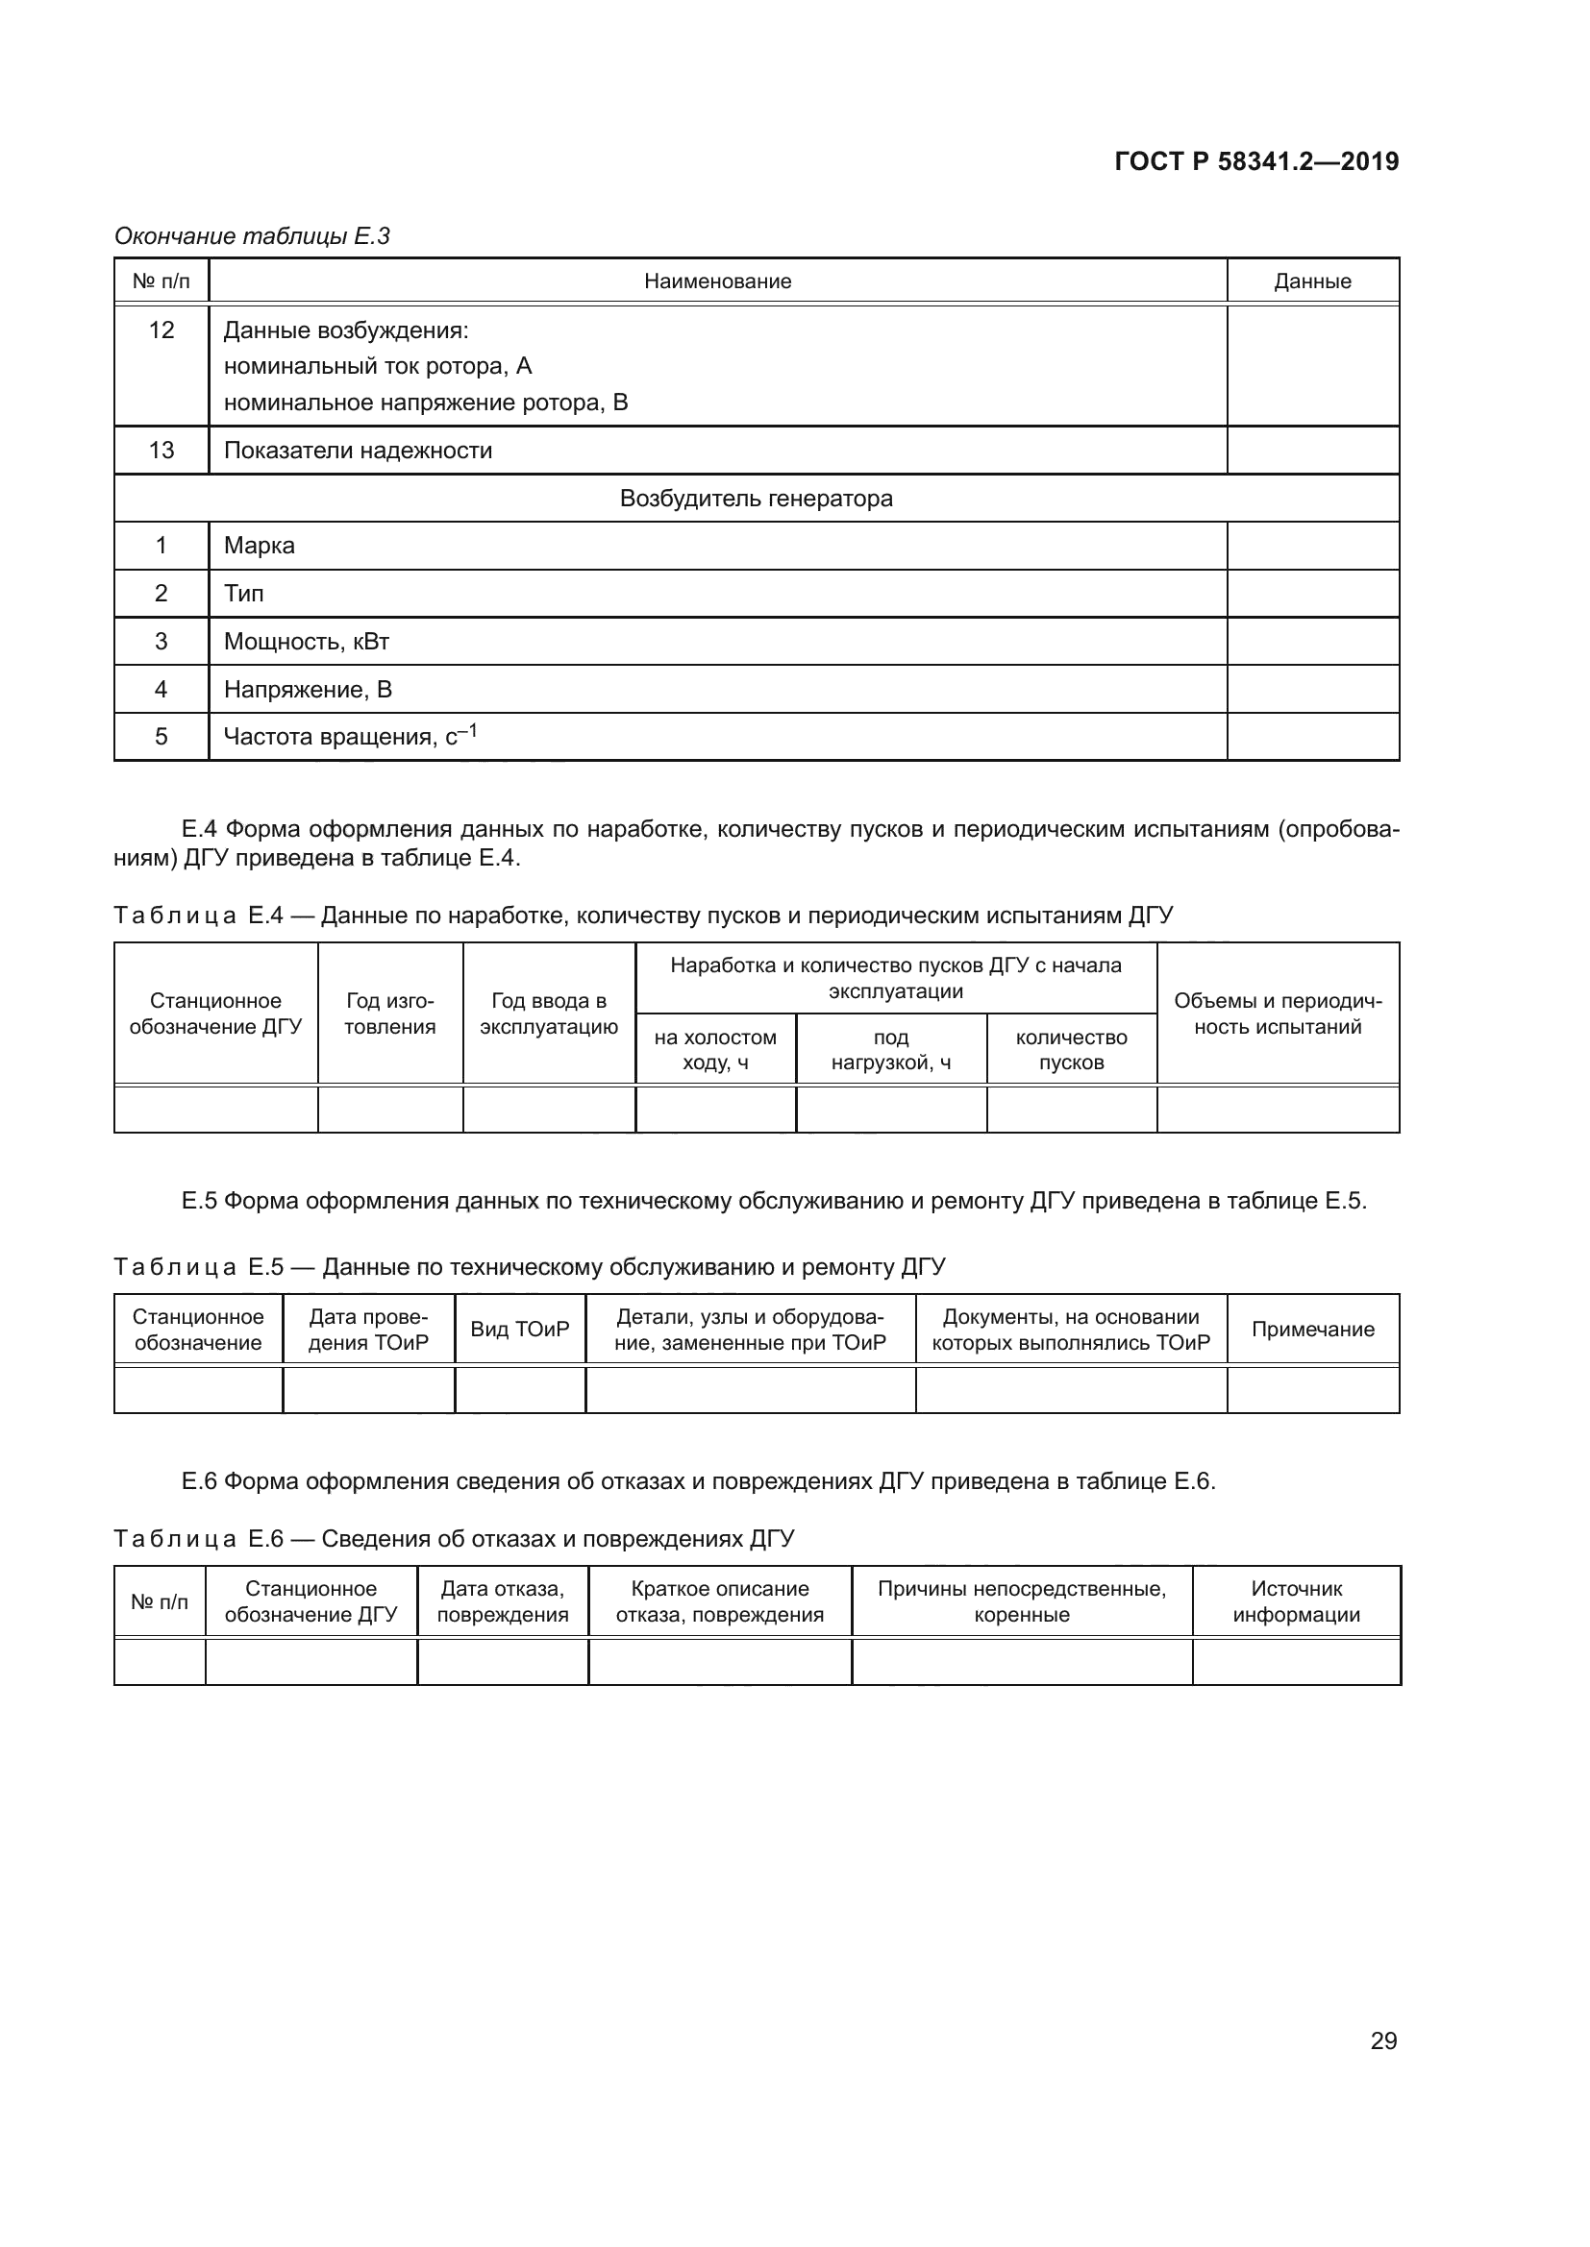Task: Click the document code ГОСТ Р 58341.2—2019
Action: (1256, 161)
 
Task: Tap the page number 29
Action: (1383, 2040)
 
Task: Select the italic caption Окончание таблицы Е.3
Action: (252, 236)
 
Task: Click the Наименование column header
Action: (718, 281)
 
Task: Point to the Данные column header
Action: (1312, 281)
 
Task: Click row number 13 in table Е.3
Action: (161, 451)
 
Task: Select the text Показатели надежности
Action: (358, 451)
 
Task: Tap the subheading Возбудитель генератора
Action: (756, 499)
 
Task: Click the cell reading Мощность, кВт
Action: (307, 641)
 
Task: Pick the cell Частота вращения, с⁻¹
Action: (350, 736)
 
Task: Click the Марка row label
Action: (259, 545)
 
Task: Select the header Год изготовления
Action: (389, 1013)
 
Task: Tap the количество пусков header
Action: (1071, 1049)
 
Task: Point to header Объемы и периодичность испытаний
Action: (1278, 1013)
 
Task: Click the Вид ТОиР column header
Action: (520, 1329)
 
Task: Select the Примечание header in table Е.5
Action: (1312, 1329)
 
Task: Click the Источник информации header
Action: (1296, 1601)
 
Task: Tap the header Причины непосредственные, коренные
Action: (1021, 1601)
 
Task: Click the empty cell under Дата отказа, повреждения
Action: (502, 1662)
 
